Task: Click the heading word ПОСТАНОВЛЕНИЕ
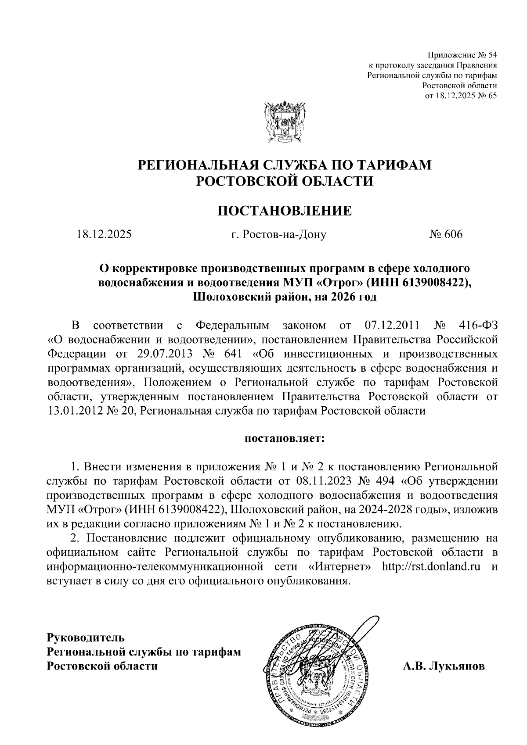(x=285, y=211)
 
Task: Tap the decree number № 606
(x=446, y=235)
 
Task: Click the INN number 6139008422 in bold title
(x=433, y=282)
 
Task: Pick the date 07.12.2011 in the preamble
(x=392, y=326)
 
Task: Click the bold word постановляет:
(x=284, y=437)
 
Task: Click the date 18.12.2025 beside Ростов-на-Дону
(x=104, y=235)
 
